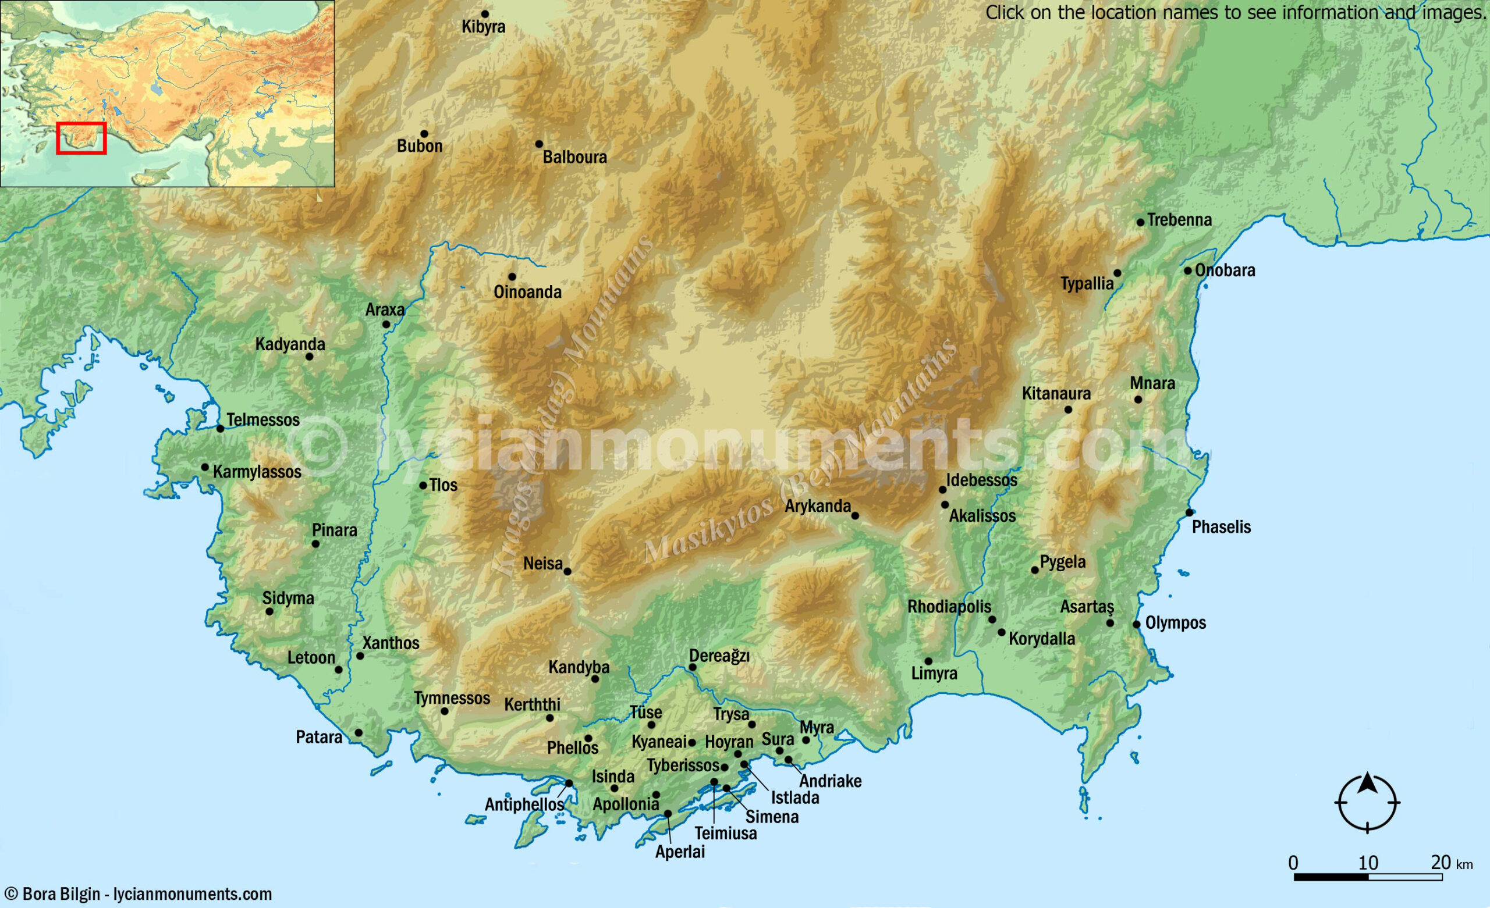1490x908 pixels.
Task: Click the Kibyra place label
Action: click(483, 27)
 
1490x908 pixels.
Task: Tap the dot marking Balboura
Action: click(539, 144)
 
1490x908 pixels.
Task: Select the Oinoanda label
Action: click(527, 292)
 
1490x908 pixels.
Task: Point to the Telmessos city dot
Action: click(221, 429)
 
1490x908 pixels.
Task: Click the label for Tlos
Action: click(444, 485)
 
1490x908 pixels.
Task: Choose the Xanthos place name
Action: click(391, 643)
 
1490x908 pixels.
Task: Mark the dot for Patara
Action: click(359, 733)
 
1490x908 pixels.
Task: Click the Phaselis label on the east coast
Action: click(1221, 527)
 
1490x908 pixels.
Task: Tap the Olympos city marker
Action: click(1136, 625)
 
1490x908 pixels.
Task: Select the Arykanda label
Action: click(818, 506)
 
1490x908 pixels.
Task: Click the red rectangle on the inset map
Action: click(81, 138)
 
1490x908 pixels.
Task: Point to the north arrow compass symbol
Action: click(1367, 802)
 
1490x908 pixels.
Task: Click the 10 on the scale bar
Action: click(1368, 863)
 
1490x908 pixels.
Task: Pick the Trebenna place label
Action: click(1179, 220)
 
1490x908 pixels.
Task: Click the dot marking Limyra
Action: click(928, 661)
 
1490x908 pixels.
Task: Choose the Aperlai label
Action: click(680, 852)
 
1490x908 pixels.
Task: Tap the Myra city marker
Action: click(806, 740)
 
